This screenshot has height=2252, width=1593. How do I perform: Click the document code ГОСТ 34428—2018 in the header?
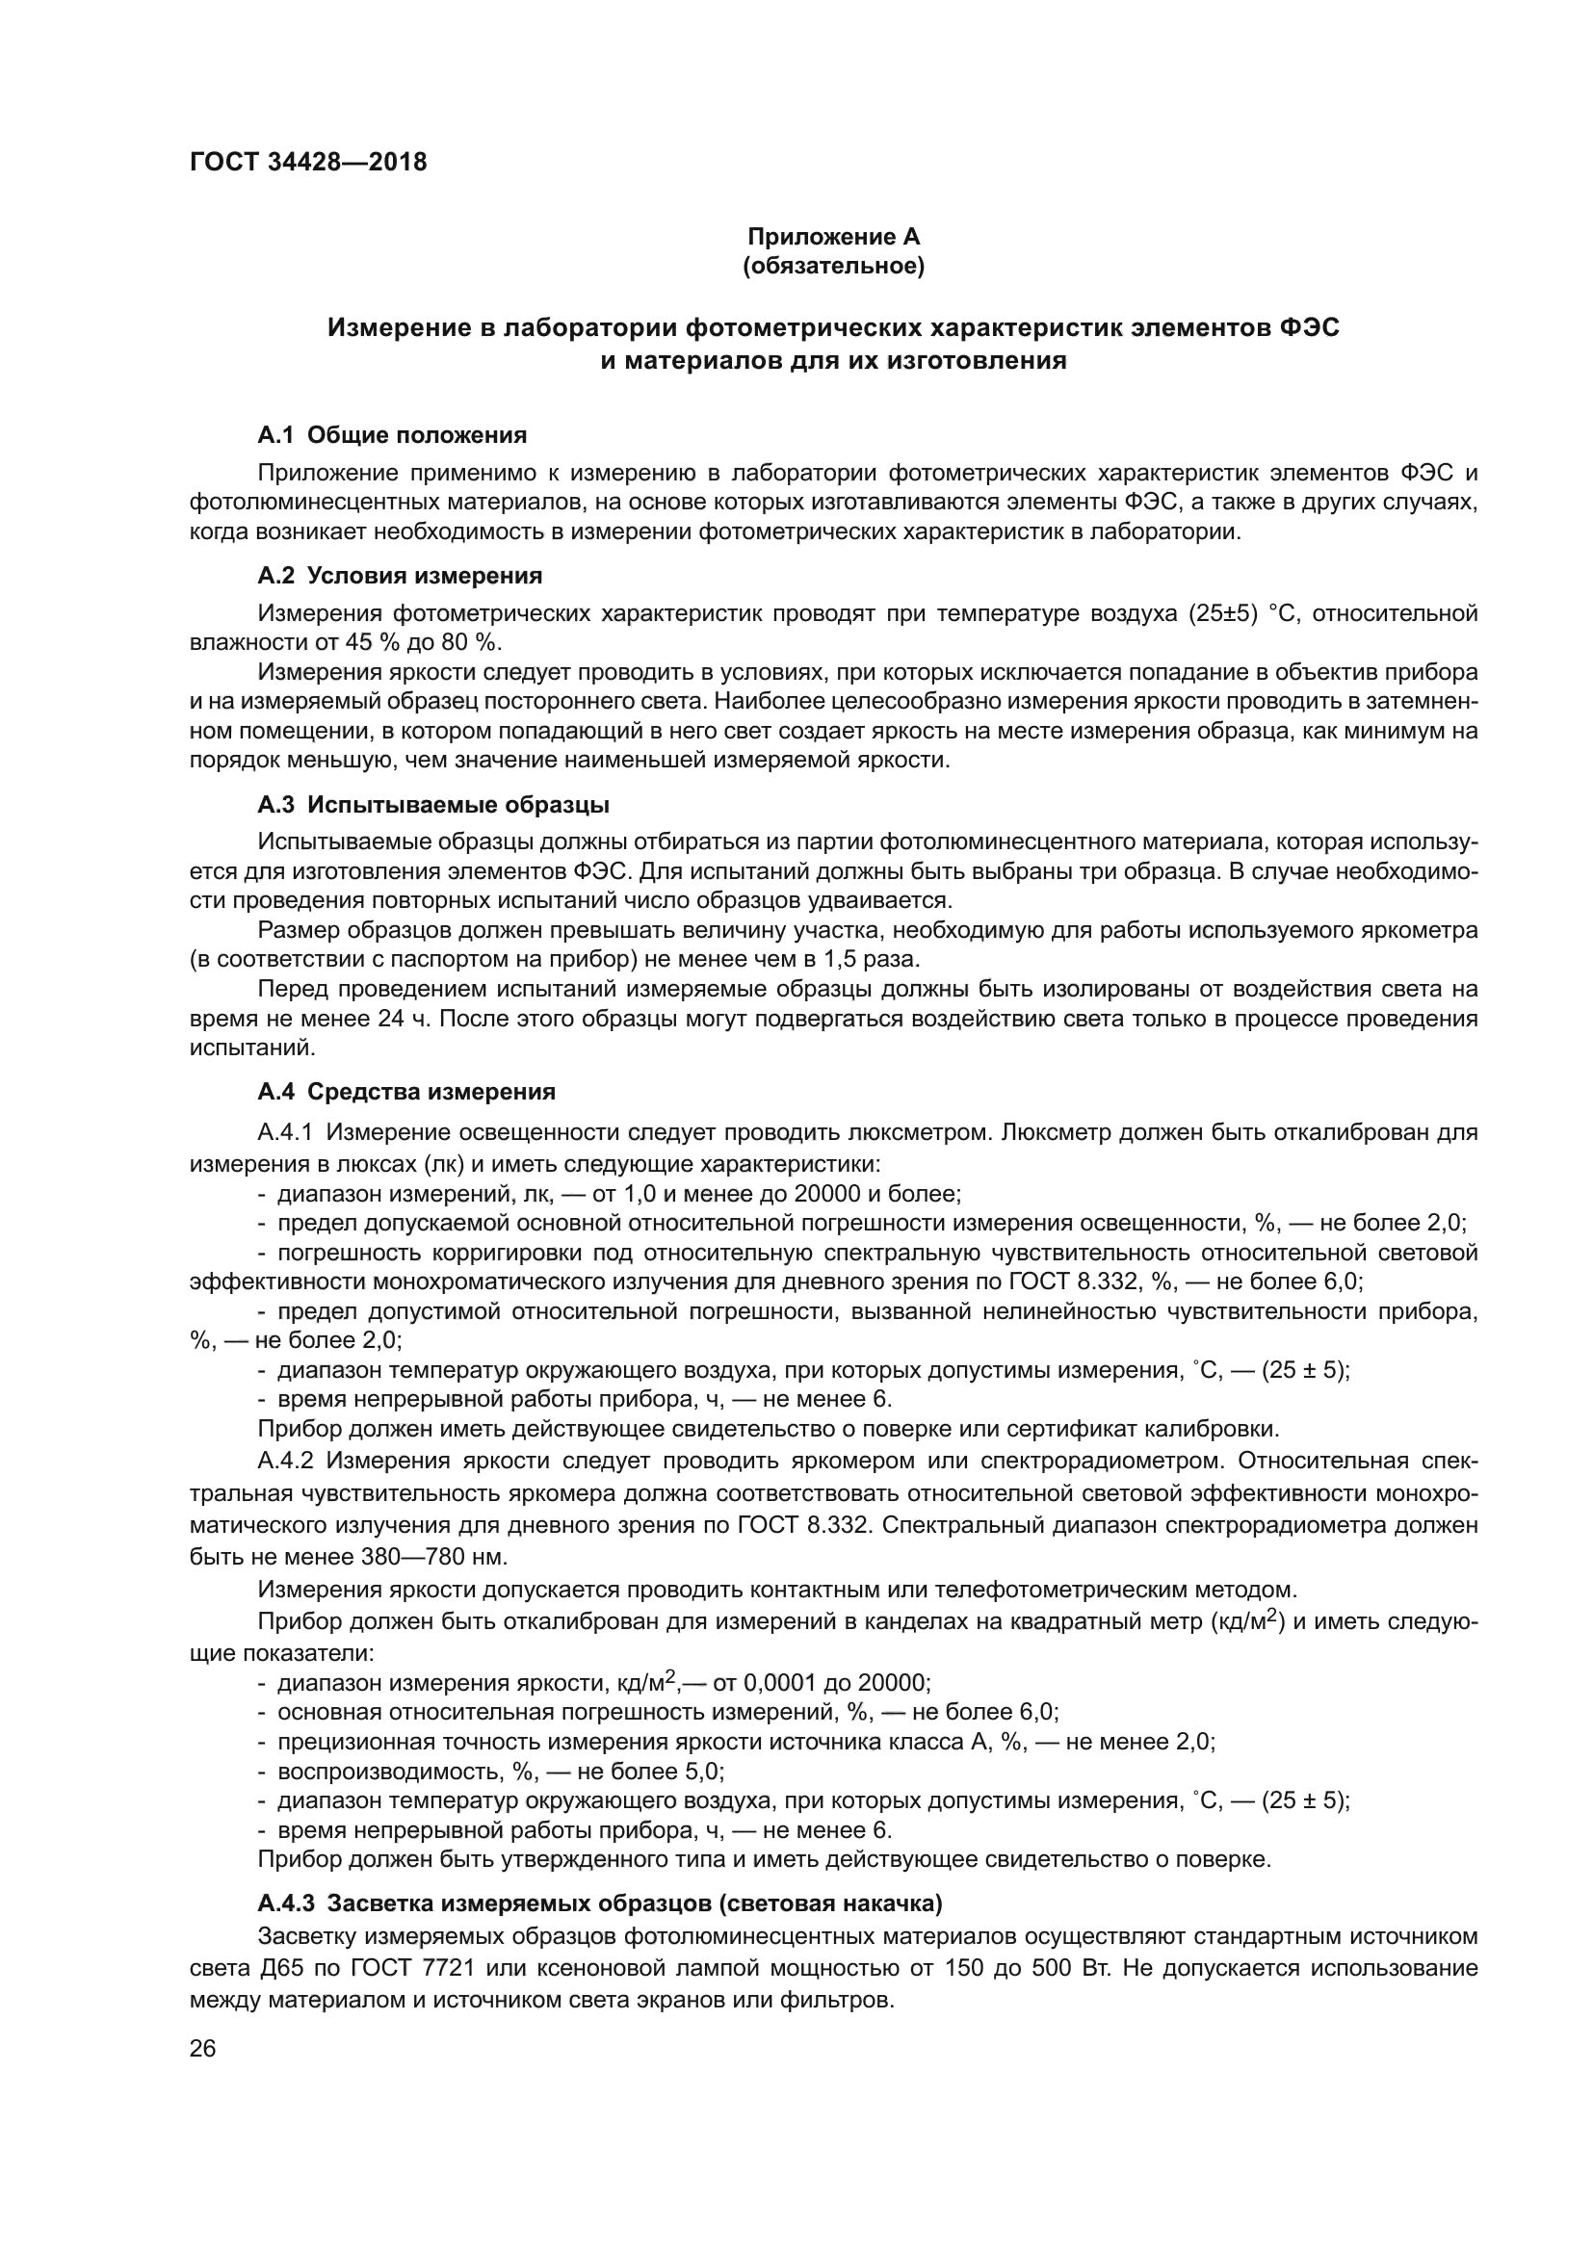308,162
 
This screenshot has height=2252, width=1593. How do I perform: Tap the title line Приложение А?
834,237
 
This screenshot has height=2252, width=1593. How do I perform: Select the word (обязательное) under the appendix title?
834,267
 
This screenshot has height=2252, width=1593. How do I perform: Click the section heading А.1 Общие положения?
392,434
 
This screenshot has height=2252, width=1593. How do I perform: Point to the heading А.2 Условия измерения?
400,575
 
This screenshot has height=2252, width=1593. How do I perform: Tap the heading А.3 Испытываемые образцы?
433,805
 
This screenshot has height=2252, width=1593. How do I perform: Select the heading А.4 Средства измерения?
406,1092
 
